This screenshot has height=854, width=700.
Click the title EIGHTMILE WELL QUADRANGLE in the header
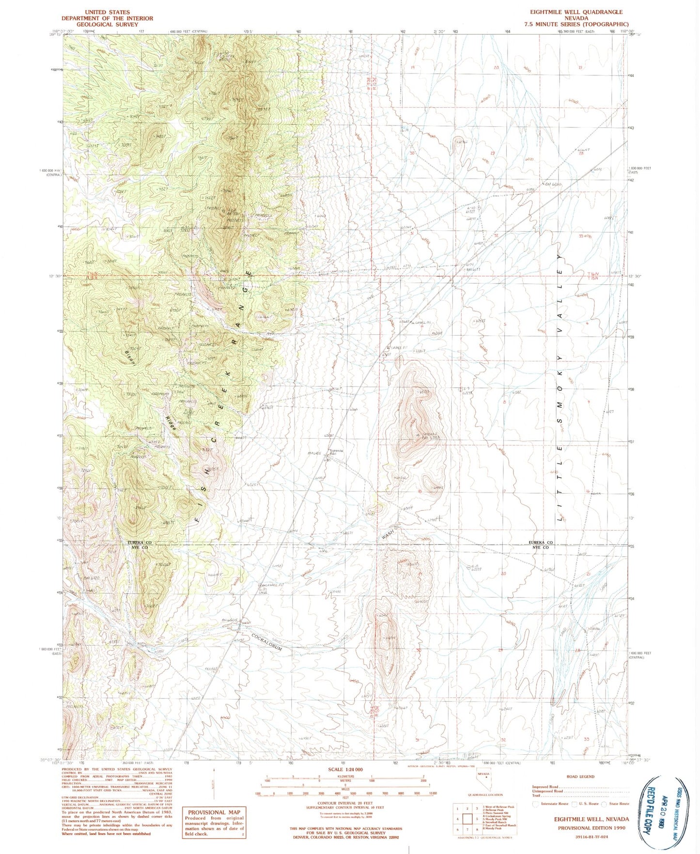576,12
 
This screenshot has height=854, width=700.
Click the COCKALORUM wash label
266,643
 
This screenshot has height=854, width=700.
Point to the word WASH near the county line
388,534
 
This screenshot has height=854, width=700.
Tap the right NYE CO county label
540,547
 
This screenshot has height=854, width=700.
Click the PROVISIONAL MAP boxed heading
214,812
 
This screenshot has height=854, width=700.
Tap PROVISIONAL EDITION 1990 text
591,828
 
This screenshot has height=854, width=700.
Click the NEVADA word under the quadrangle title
575,18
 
